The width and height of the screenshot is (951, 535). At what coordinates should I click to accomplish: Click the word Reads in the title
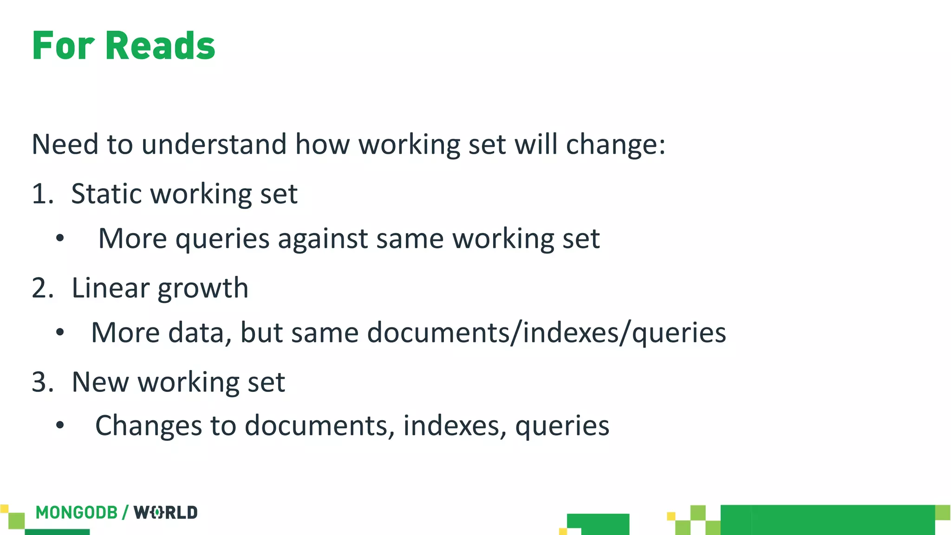click(160, 46)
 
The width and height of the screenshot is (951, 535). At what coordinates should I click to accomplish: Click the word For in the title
click(63, 46)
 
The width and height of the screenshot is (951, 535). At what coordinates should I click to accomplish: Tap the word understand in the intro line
click(214, 144)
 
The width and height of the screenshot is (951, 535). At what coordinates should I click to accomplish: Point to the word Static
click(106, 194)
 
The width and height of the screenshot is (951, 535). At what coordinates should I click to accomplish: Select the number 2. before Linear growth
click(43, 288)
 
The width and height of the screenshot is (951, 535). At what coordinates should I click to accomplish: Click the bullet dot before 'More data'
click(60, 333)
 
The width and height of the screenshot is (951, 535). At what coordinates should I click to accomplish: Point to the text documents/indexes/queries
click(547, 333)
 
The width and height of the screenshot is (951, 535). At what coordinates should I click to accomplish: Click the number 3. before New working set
click(43, 382)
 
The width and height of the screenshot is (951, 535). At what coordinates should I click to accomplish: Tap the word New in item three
click(100, 382)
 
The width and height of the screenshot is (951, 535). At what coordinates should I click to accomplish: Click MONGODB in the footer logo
click(77, 513)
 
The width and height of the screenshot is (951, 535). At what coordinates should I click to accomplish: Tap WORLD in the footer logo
click(166, 513)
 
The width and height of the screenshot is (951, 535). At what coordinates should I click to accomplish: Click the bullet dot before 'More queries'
click(60, 239)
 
